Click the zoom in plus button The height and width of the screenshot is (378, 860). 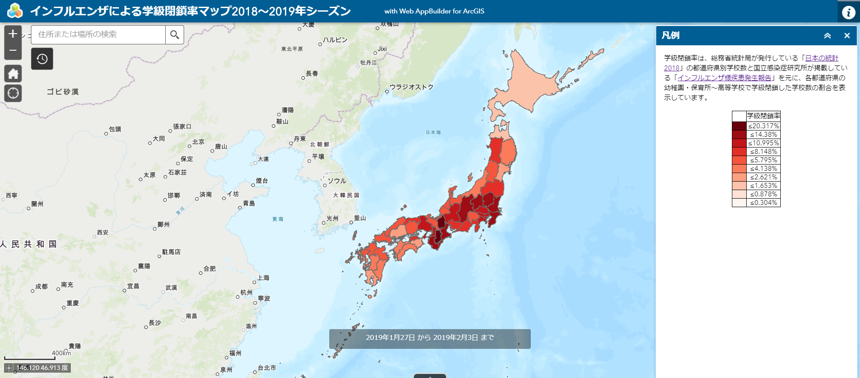tap(13, 34)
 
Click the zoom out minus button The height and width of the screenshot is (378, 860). tap(13, 50)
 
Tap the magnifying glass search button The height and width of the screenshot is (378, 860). tap(175, 35)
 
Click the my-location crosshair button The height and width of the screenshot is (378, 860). tap(13, 93)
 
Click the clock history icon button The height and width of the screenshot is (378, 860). tap(42, 59)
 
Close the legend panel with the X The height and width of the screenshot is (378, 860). tap(847, 35)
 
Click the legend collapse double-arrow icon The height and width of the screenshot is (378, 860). tap(827, 35)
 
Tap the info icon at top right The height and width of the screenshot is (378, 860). tap(848, 12)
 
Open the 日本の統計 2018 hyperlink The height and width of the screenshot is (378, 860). tap(821, 58)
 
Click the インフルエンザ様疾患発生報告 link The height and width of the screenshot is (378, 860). tap(724, 78)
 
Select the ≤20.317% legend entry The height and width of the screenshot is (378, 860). tap(763, 126)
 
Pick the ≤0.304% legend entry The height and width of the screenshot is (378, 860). tap(763, 203)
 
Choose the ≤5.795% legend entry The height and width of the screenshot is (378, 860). tap(763, 160)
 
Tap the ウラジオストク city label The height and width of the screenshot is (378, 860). tap(411, 87)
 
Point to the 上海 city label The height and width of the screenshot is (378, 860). tap(263, 278)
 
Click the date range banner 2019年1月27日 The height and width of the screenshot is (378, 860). tap(430, 338)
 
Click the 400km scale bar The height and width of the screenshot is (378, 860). tap(30, 357)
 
